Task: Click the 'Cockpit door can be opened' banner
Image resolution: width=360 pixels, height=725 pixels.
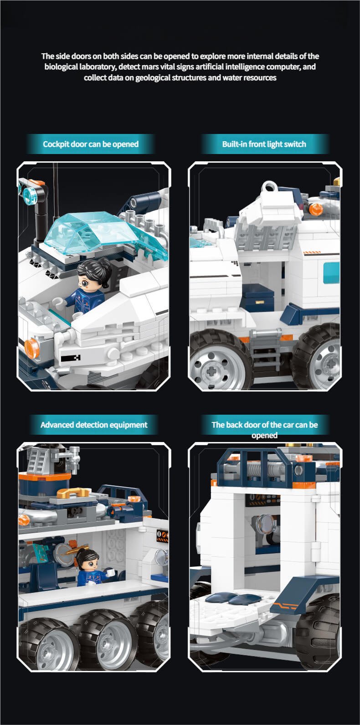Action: point(91,144)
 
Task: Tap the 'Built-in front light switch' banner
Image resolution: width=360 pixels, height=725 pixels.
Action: point(264,144)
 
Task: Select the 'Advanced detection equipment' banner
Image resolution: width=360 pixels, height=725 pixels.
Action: point(94,425)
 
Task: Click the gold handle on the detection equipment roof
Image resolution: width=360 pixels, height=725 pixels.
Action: point(73,492)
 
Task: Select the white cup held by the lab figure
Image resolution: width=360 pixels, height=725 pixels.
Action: point(111,572)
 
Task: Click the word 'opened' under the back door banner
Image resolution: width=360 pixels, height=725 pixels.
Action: point(264,435)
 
